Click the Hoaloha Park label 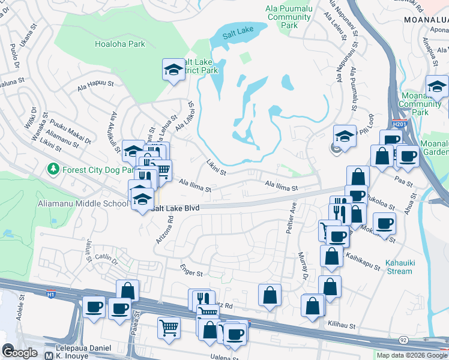pos(120,44)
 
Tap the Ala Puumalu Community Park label pos(289,17)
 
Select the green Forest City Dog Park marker pos(54,170)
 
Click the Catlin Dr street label pos(107,257)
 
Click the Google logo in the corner pos(20,353)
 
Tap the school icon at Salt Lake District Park pos(173,70)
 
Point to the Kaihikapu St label pos(362,260)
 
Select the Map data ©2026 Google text pos(411,355)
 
